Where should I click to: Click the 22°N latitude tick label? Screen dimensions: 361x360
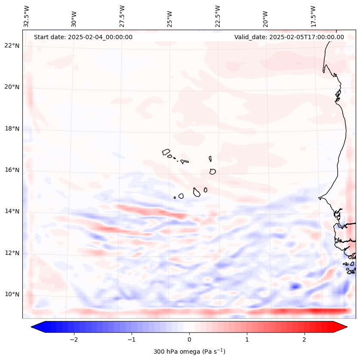pyautogui.click(x=12, y=46)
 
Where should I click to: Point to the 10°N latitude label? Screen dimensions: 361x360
pyautogui.click(x=12, y=294)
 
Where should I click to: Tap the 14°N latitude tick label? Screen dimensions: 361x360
pyautogui.click(x=12, y=211)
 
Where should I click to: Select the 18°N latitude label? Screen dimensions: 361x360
pyautogui.click(x=12, y=129)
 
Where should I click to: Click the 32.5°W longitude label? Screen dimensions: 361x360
pyautogui.click(x=27, y=16)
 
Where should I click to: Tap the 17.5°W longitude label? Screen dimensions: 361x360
pyautogui.click(x=313, y=16)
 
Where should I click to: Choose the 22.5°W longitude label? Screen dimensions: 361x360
pyautogui.click(x=218, y=16)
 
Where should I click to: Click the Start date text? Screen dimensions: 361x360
pyautogui.click(x=83, y=37)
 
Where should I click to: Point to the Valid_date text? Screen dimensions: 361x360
pyautogui.click(x=289, y=37)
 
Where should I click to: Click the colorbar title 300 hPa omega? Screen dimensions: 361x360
pyautogui.click(x=189, y=352)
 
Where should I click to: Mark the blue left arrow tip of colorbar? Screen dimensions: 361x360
pyautogui.click(x=32, y=327)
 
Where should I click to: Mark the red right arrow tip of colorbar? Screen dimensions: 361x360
pyautogui.click(x=346, y=327)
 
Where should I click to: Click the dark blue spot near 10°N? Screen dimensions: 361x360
pyautogui.click(x=295, y=286)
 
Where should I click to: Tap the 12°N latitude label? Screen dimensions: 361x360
pyautogui.click(x=12, y=253)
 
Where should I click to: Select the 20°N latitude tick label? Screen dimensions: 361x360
pyautogui.click(x=12, y=87)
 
